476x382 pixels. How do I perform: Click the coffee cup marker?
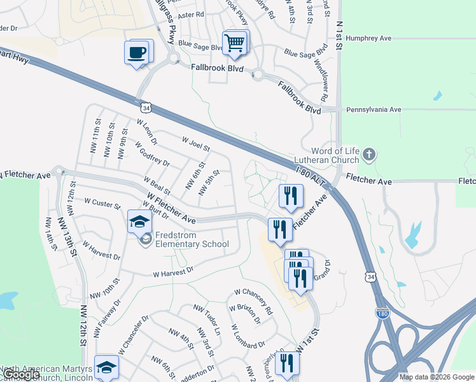(138, 52)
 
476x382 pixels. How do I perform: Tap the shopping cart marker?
(235, 43)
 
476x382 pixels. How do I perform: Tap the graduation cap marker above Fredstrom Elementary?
(140, 222)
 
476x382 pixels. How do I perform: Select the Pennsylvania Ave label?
(374, 110)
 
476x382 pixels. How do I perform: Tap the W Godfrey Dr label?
(151, 153)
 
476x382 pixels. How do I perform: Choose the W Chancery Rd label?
(253, 301)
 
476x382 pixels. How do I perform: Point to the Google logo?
(21, 375)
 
